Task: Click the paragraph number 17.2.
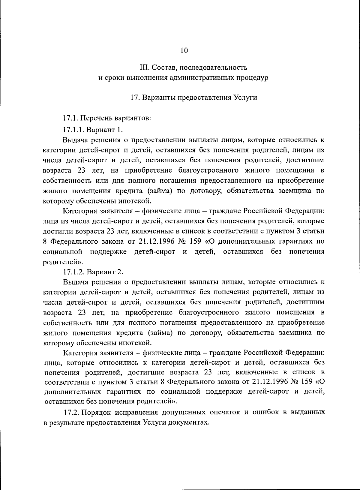click(71, 412)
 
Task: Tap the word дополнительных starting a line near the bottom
click(71, 392)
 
